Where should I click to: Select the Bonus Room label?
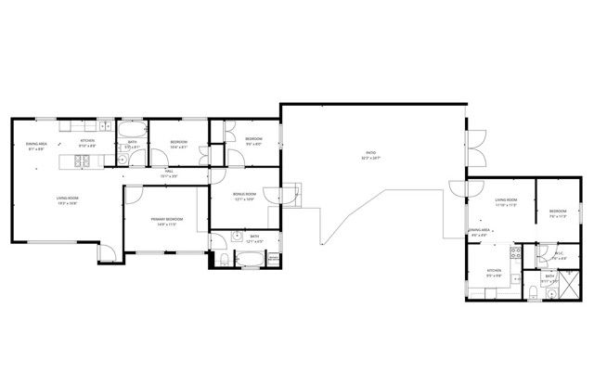tap(243, 197)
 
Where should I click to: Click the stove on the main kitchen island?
tap(81, 162)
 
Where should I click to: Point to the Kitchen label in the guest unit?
tap(495, 272)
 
